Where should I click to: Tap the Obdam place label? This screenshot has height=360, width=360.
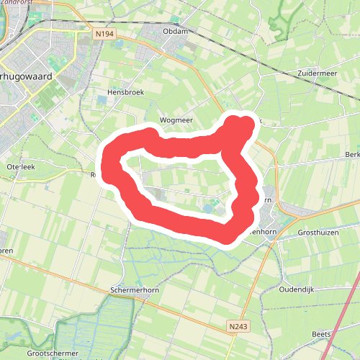click(175, 31)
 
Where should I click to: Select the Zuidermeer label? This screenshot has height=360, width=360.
click(316, 74)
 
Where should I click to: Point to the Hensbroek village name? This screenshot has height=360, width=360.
click(125, 93)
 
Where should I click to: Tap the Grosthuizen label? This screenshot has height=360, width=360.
click(322, 233)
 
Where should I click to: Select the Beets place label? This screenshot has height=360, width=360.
click(322, 335)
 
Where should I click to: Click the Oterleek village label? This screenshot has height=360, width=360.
click(20, 166)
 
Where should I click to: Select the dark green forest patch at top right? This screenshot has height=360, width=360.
click(281, 22)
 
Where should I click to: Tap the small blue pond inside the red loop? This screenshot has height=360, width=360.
click(207, 210)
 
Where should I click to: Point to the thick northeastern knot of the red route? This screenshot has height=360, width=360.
click(240, 128)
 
